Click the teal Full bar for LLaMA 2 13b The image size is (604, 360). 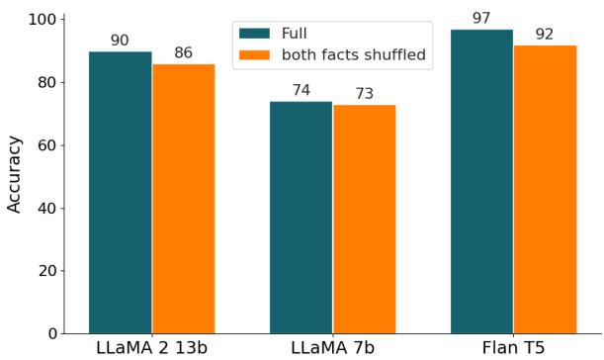120,193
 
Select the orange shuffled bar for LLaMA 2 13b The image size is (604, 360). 183,199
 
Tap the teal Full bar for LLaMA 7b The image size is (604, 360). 301,218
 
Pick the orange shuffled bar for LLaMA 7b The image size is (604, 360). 364,220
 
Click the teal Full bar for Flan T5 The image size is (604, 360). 481,182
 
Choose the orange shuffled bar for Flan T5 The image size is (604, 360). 545,190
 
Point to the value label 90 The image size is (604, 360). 120,41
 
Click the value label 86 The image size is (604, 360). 183,53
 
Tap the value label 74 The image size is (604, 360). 301,91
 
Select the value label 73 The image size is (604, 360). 364,94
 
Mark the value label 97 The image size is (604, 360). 481,19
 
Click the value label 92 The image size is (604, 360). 545,35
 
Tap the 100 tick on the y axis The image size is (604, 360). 44,20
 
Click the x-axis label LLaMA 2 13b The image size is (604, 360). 151,348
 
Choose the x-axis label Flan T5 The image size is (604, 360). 513,348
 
